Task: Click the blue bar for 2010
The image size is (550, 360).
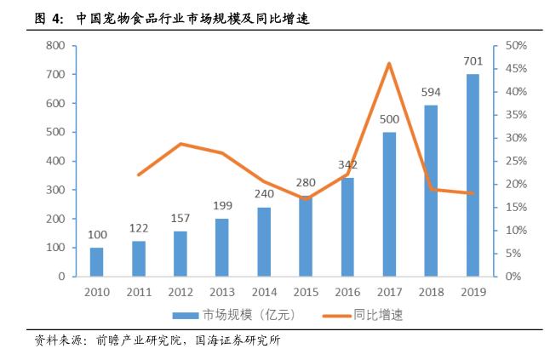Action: click(x=96, y=261)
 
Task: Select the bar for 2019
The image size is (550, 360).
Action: click(x=473, y=174)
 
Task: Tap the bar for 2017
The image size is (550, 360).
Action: click(x=389, y=203)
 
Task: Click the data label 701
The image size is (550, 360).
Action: click(x=473, y=62)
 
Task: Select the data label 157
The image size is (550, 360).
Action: click(x=180, y=218)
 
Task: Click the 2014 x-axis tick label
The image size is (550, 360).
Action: click(x=263, y=292)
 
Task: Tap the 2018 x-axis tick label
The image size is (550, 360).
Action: click(x=431, y=292)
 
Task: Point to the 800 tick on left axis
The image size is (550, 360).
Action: click(x=56, y=45)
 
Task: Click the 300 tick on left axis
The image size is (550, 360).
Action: click(x=56, y=190)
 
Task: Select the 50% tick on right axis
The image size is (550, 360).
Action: click(x=516, y=45)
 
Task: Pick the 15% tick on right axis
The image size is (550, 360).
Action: click(x=516, y=207)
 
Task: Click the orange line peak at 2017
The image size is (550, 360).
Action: click(x=389, y=64)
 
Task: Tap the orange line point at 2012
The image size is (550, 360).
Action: click(x=180, y=144)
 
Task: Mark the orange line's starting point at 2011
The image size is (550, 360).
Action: click(x=138, y=174)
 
